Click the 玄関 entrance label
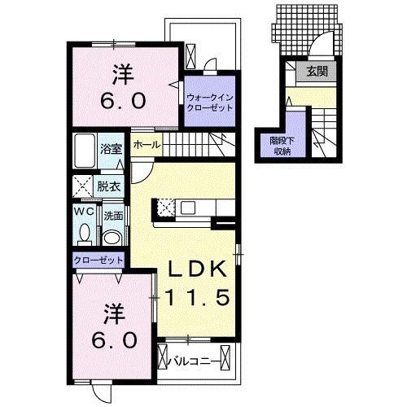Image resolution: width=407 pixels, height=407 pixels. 317,72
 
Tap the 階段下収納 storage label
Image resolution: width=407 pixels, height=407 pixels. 282,147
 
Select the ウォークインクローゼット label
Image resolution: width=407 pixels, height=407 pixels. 210,103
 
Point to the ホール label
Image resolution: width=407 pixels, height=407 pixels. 147,145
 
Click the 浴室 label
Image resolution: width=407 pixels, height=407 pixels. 111,149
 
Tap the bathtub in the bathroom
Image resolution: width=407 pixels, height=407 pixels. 85,151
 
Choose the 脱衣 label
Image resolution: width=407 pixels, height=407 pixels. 109,186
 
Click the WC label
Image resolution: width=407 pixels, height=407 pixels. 84,211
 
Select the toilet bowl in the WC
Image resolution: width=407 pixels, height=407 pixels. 85,233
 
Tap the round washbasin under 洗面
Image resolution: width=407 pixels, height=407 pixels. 112,238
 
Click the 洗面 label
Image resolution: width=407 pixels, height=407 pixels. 113,217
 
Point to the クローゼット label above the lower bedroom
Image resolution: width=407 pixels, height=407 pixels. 98,260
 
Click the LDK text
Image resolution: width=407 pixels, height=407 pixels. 197,269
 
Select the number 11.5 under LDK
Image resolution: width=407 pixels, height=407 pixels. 198,297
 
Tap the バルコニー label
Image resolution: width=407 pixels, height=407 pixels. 195,361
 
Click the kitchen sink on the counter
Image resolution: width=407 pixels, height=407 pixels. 188,208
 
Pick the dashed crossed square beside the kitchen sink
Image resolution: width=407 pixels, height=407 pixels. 166,208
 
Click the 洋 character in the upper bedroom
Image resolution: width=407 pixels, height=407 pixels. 123,74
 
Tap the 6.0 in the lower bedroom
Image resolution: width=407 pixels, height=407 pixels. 114,341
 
